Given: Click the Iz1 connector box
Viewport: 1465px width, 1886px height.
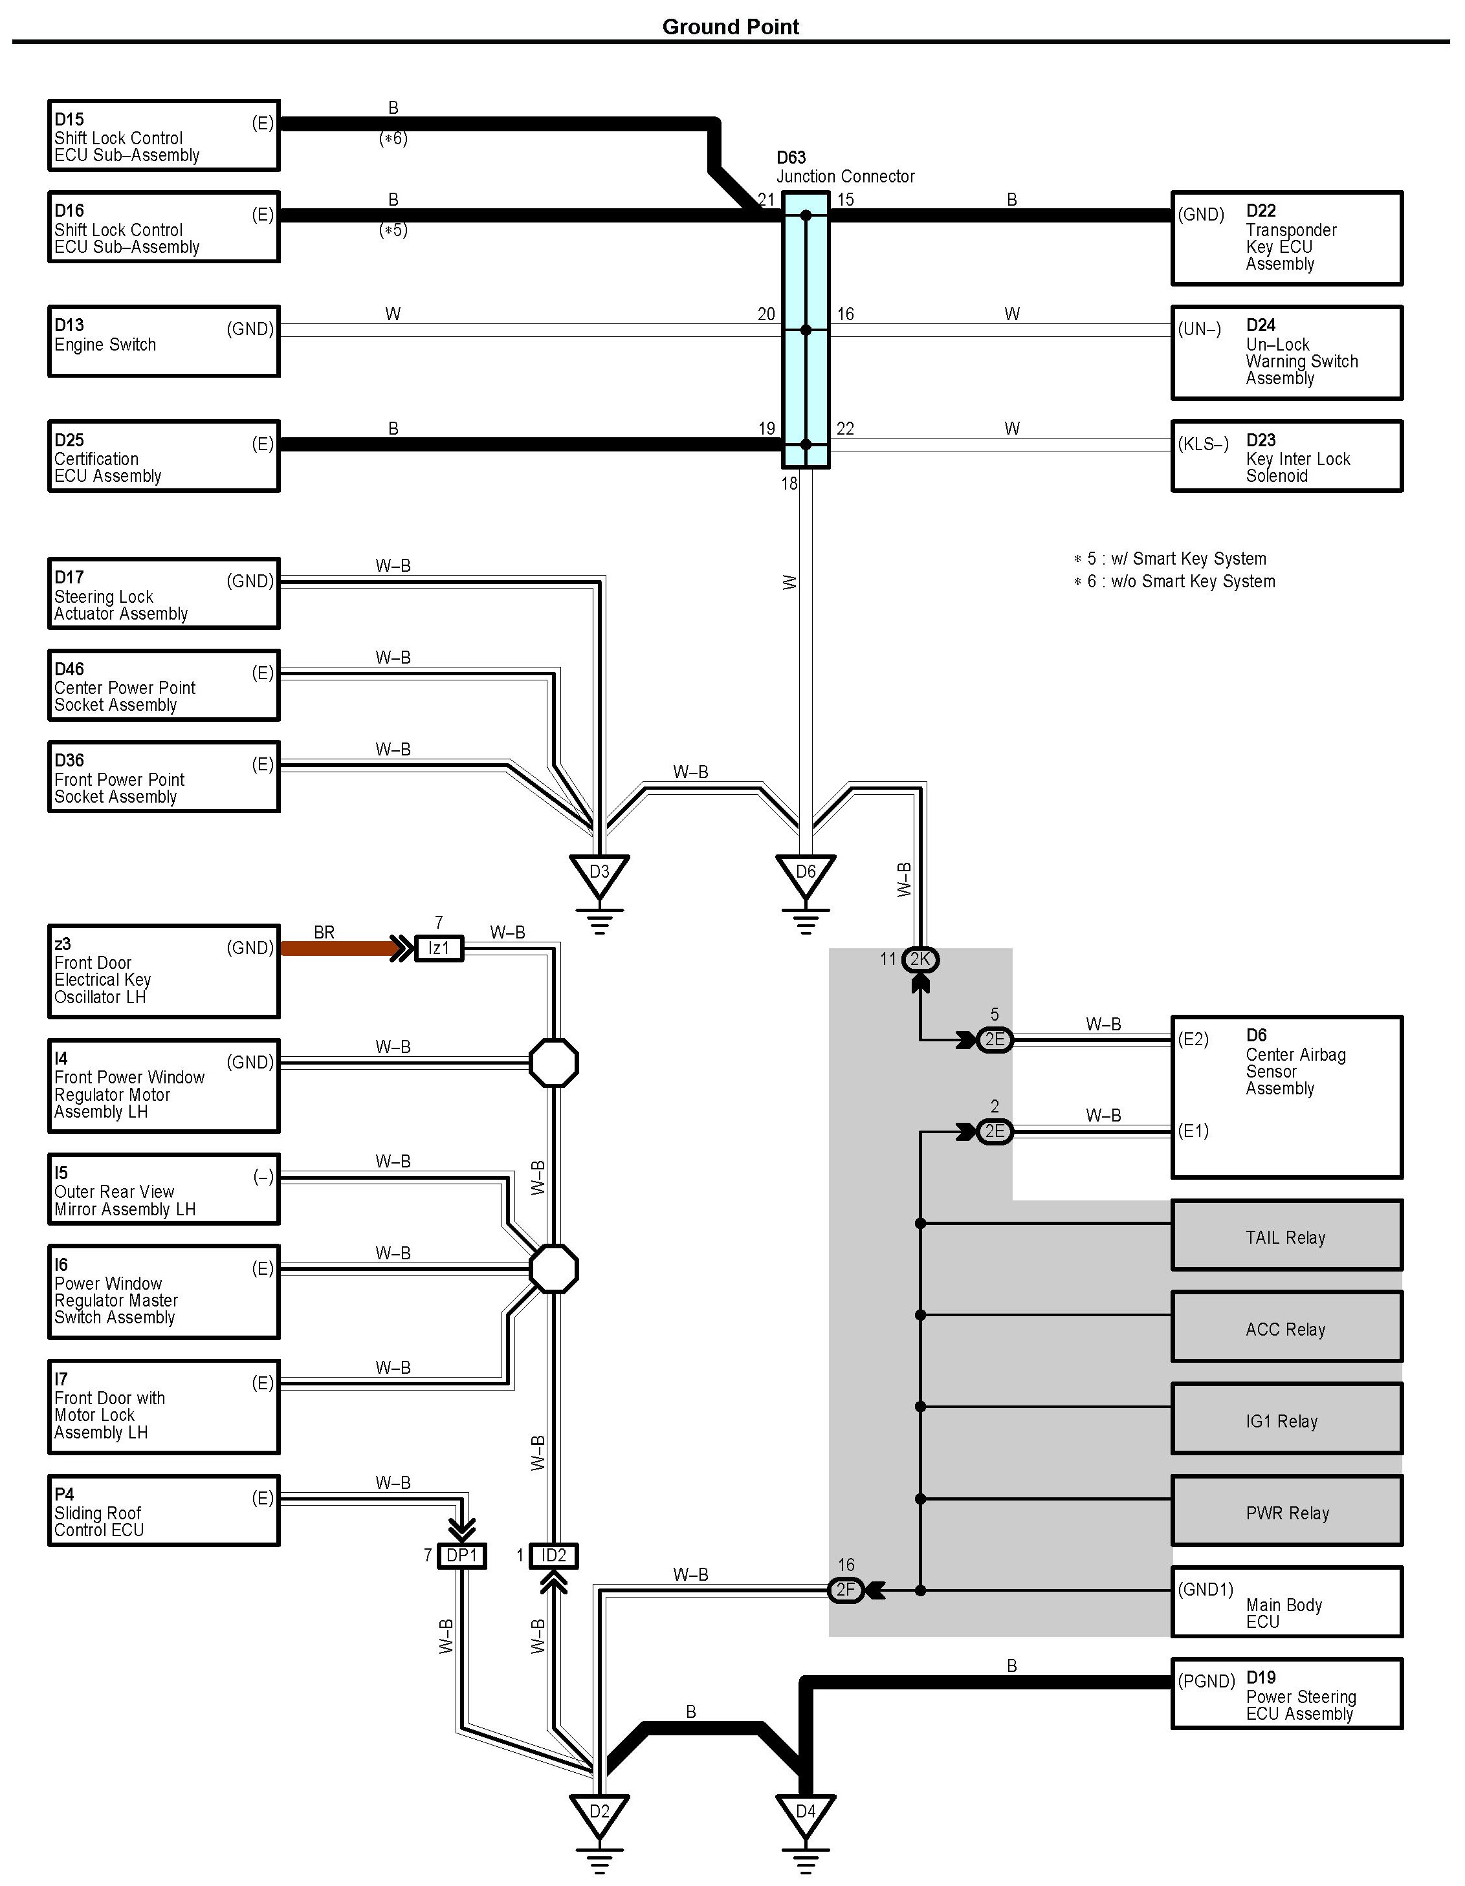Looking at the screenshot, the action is point(439,948).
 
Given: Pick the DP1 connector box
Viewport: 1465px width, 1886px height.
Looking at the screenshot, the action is point(461,1556).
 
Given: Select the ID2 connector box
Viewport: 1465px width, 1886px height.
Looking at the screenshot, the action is point(554,1556).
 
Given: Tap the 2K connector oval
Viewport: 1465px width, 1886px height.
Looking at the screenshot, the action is point(920,959).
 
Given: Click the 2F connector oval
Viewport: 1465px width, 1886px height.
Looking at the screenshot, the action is point(846,1590).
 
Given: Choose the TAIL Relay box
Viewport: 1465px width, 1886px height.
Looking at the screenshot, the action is point(1287,1235).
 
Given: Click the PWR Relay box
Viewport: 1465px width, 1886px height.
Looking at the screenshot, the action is point(1287,1510).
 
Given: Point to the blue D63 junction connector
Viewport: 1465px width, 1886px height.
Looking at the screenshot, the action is point(806,330).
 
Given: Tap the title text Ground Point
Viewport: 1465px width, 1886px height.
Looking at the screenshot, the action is point(731,27).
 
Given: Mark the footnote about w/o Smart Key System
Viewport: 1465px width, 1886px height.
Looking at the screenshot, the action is point(1174,581).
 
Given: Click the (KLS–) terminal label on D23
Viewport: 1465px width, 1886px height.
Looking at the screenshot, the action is point(1204,445).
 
